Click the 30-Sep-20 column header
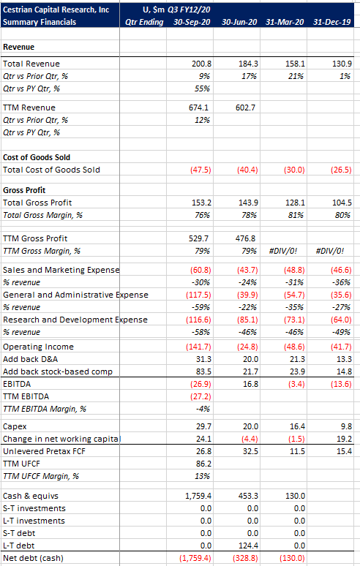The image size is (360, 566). (x=192, y=22)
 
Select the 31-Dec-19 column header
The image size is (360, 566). (x=332, y=22)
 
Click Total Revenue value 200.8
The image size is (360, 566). (x=201, y=64)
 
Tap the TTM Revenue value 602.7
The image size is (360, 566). (x=245, y=107)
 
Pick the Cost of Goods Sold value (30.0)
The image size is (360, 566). (x=294, y=170)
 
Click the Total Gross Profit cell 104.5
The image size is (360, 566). (x=342, y=203)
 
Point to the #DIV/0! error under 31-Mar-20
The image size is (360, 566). (x=283, y=251)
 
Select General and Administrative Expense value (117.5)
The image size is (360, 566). (x=198, y=295)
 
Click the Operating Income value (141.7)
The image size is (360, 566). (x=198, y=347)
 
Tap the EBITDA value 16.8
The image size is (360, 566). (x=250, y=384)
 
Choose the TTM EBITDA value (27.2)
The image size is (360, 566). (x=200, y=396)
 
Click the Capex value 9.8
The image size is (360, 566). (x=346, y=426)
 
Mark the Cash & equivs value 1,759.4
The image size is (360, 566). (x=198, y=496)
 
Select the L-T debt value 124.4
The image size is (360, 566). (x=249, y=546)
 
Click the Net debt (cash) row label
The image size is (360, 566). (x=33, y=558)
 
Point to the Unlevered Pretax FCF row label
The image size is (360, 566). (x=44, y=451)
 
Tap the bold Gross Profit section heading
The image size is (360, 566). (x=24, y=190)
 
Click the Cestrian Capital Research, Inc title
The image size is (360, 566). (x=56, y=10)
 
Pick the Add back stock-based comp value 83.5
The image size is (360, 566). (x=203, y=371)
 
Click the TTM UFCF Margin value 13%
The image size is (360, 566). (x=202, y=476)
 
